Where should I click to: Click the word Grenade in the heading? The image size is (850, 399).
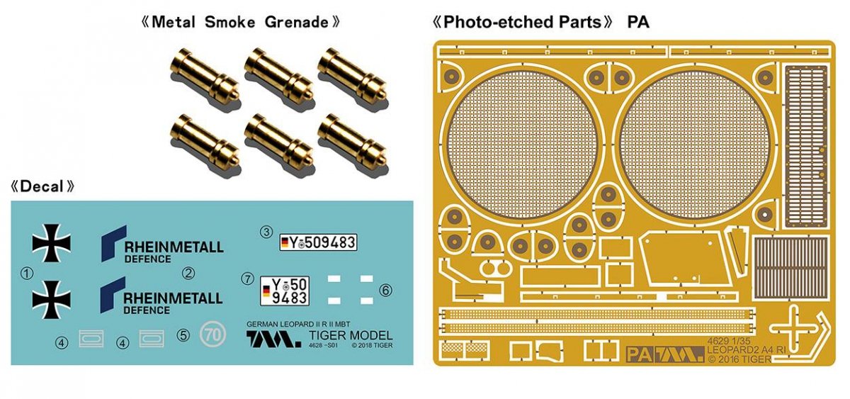296,22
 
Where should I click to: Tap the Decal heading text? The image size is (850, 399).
42,186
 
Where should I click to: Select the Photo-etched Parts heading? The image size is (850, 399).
522,22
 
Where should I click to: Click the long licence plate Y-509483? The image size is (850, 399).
318,242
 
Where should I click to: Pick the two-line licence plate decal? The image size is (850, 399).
285,291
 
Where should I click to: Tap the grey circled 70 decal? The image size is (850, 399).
213,335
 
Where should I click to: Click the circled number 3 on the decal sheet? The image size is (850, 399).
266,232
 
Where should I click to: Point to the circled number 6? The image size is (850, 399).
385,291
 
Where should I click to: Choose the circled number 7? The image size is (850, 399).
247,279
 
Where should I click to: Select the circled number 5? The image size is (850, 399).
183,335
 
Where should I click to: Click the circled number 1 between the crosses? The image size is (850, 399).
27,273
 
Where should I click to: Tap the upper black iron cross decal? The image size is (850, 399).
51,243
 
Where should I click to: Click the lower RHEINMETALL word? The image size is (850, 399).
173,298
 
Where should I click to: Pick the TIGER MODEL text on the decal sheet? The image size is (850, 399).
351,336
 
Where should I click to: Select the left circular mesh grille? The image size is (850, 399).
523,145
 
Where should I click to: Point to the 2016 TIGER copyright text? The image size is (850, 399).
739,359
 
